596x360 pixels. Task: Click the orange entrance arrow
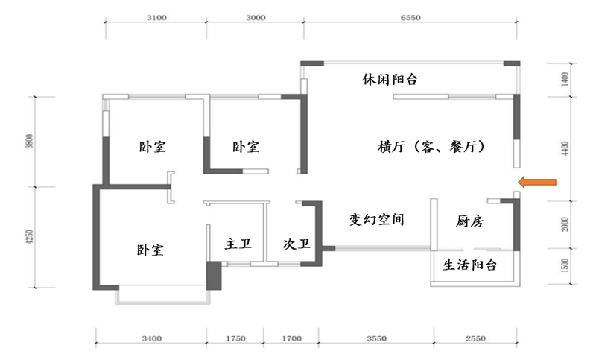point(538,181)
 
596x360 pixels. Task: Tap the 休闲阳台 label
point(389,79)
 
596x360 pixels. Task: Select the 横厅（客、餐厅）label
point(432,147)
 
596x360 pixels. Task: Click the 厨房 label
point(471,221)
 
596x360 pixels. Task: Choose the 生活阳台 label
point(470,265)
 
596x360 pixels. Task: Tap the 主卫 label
point(238,243)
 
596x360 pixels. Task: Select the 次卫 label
point(296,243)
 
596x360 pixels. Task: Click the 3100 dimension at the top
point(156,20)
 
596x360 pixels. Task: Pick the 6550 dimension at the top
point(411,20)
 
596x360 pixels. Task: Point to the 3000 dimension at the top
point(255,20)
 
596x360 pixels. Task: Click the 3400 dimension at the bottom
point(151,338)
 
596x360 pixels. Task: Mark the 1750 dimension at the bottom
point(235,338)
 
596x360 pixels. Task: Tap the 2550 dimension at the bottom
point(475,338)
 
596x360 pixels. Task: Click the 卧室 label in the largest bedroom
point(150,249)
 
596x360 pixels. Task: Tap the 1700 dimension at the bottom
point(291,338)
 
